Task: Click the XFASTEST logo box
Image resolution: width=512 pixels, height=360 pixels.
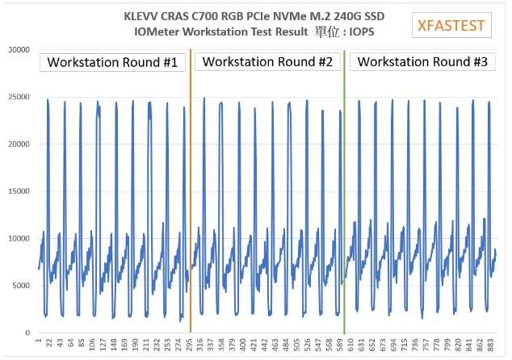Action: (451, 25)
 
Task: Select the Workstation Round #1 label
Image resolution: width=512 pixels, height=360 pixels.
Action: (112, 62)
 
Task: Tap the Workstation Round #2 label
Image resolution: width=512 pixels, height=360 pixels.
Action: (267, 62)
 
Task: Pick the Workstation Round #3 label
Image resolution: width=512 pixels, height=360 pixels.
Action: (422, 62)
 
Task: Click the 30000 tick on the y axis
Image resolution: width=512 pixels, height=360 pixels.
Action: (19, 50)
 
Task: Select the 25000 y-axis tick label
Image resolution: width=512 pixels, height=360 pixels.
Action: (19, 97)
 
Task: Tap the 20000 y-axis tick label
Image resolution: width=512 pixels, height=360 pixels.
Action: (19, 144)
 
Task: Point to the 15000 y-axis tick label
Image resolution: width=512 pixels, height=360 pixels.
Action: (19, 191)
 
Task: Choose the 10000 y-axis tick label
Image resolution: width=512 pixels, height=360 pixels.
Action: (19, 238)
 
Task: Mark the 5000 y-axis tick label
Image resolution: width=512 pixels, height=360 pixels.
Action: (21, 285)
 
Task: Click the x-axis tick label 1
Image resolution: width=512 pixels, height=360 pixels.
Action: (38, 342)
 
